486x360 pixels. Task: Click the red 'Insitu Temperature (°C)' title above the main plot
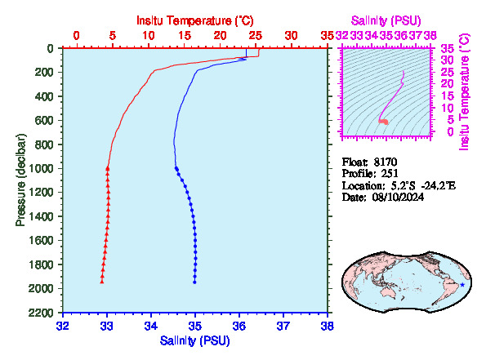pos(195,20)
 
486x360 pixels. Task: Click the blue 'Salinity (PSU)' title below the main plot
pos(194,340)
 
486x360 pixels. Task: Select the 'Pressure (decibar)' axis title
pos(20,180)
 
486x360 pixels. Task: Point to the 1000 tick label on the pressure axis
pos(41,168)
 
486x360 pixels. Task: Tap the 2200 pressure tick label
pos(41,313)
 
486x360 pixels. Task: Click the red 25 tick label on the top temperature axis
pos(256,36)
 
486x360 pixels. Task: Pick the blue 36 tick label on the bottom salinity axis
pos(239,327)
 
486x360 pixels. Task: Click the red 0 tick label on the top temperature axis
pos(77,36)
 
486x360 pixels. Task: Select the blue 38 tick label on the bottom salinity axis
pos(328,327)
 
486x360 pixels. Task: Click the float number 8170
pos(386,162)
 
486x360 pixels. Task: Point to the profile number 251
pos(390,174)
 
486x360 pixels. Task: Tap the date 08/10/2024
pos(398,197)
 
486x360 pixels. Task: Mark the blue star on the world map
pos(462,285)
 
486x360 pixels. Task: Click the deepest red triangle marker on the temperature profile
pos(101,282)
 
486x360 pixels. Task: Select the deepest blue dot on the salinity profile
pos(194,282)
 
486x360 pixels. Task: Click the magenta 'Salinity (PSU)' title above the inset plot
pos(386,20)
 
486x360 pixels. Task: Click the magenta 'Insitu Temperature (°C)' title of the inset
pos(464,92)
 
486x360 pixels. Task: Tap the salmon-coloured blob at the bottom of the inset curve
pos(384,122)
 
